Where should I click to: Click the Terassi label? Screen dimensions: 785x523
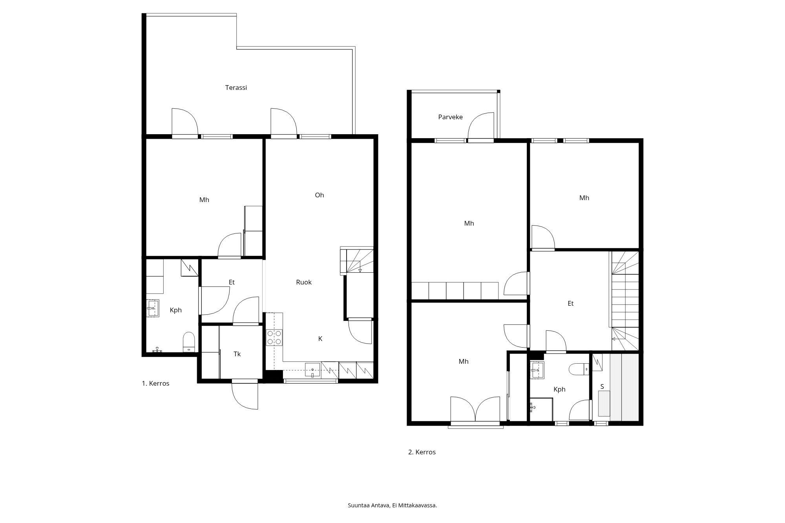236,87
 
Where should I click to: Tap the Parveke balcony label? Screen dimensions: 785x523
450,117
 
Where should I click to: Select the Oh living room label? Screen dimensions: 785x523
319,195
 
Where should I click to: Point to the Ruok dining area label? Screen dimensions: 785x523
304,282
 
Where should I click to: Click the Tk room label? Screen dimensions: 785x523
237,354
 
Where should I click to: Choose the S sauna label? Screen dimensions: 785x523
602,387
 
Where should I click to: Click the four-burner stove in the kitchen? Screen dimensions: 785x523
274,337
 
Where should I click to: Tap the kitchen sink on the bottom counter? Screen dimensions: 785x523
312,370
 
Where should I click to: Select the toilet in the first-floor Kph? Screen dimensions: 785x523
189,342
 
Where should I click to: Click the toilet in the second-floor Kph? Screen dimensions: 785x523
578,369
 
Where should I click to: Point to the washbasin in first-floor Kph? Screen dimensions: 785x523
152,308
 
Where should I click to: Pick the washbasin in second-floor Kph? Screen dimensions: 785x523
537,370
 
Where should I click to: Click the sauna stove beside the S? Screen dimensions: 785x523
604,404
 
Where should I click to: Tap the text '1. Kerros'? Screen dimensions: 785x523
155,383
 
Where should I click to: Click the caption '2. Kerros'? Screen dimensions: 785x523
422,452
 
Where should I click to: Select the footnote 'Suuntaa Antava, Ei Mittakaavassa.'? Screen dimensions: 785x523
392,505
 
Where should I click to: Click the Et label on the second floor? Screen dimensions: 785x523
571,303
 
